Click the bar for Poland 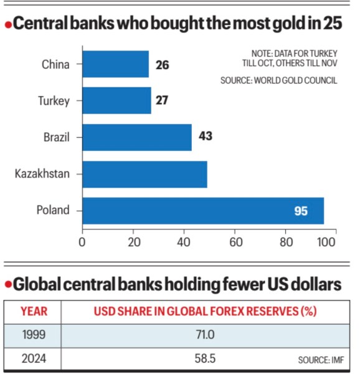click(203, 211)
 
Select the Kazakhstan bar click(144, 174)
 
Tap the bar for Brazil click(137, 137)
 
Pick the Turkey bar click(116, 100)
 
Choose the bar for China click(115, 64)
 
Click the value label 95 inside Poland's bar click(301, 211)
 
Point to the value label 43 click(205, 137)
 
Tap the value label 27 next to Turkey click(162, 100)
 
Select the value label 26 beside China click(162, 64)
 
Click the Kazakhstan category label click(41, 174)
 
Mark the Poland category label click(53, 211)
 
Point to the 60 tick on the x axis click(235, 239)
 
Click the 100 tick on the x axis click(335, 239)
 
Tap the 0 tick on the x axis click(82, 239)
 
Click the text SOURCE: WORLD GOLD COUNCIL click(278, 80)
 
